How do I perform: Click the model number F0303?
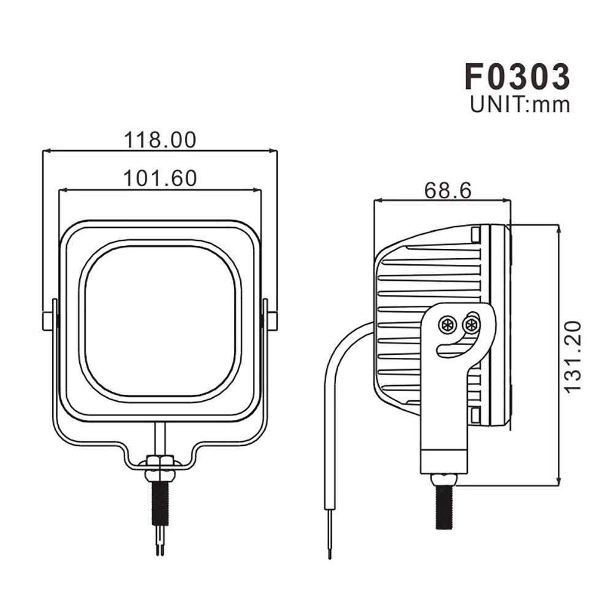517,77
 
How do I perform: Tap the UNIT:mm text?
520,105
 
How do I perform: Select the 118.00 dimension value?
161,140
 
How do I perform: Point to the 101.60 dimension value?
160,178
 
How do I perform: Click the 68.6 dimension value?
447,191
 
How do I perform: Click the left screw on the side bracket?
448,324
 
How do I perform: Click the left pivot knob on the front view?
48,319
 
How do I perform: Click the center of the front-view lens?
159,322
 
